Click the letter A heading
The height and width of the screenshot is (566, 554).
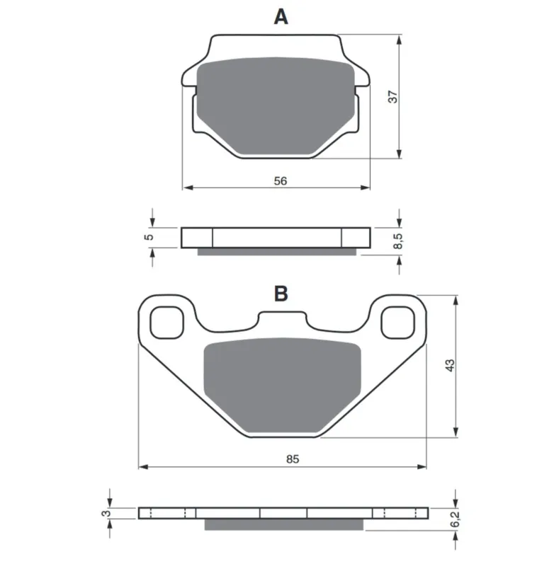[x=281, y=16]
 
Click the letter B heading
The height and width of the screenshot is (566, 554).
[x=281, y=294]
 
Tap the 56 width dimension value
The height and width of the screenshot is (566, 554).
[x=281, y=181]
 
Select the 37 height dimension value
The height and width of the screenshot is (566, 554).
[x=392, y=97]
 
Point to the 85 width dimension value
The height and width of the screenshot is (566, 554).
[x=293, y=458]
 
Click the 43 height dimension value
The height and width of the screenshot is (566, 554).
[x=450, y=365]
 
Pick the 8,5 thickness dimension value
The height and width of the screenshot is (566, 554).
[x=397, y=241]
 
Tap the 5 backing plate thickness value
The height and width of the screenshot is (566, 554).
[x=149, y=237]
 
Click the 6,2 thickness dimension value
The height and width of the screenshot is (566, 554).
[x=455, y=519]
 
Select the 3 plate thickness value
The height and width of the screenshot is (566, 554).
[x=106, y=514]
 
